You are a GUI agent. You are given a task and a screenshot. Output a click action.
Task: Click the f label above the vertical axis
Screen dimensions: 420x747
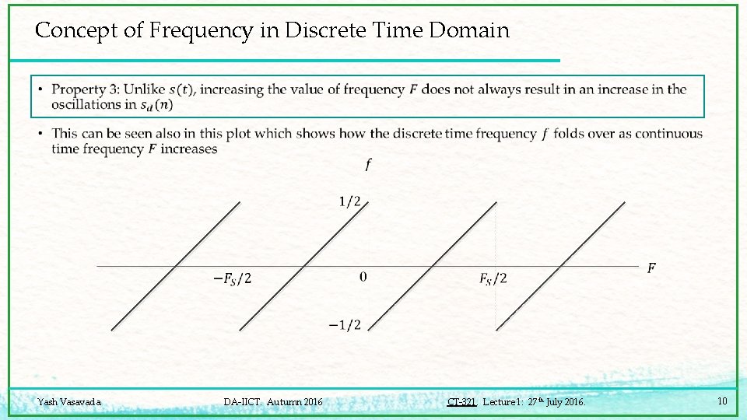(367, 164)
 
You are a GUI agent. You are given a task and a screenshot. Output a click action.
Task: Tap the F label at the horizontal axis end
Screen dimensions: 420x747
(651, 268)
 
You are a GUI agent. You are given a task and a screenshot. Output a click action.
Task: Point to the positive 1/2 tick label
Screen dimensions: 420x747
(349, 202)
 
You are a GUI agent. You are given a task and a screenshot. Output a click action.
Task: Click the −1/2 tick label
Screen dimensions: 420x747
(345, 325)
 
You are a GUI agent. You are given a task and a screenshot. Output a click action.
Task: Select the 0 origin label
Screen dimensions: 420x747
(363, 277)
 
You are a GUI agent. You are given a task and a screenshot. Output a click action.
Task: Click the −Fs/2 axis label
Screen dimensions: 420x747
(233, 278)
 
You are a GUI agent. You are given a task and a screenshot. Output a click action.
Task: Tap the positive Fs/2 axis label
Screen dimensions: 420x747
(493, 278)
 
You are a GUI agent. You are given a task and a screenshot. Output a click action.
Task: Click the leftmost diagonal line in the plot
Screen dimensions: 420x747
(176, 264)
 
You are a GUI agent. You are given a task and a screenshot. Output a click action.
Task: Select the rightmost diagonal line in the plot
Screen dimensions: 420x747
(561, 264)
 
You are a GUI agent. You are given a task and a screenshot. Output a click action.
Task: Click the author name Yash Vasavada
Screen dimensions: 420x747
(69, 402)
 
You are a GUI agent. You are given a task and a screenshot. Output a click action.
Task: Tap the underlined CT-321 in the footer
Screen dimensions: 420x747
(461, 402)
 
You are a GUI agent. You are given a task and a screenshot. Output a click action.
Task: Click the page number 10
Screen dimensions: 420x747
(722, 401)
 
